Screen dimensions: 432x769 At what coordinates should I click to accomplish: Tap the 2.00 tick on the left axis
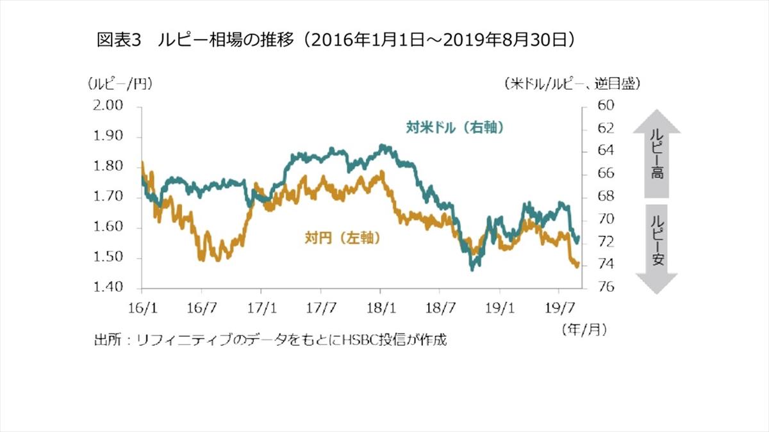108,106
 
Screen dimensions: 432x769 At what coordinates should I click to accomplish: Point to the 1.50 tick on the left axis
108,258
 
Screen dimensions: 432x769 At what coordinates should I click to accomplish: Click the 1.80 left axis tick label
108,166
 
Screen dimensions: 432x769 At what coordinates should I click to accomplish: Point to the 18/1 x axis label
381,307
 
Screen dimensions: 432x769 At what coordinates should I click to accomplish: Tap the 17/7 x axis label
322,307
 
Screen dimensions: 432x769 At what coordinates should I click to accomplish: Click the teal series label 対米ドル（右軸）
455,127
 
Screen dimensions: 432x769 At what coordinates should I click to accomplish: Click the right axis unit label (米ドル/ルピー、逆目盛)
572,84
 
